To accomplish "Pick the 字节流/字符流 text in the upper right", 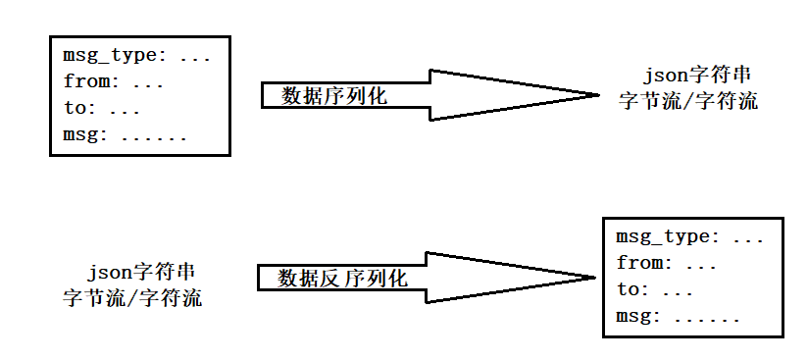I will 688,101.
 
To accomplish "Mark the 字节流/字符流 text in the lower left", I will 132,298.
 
